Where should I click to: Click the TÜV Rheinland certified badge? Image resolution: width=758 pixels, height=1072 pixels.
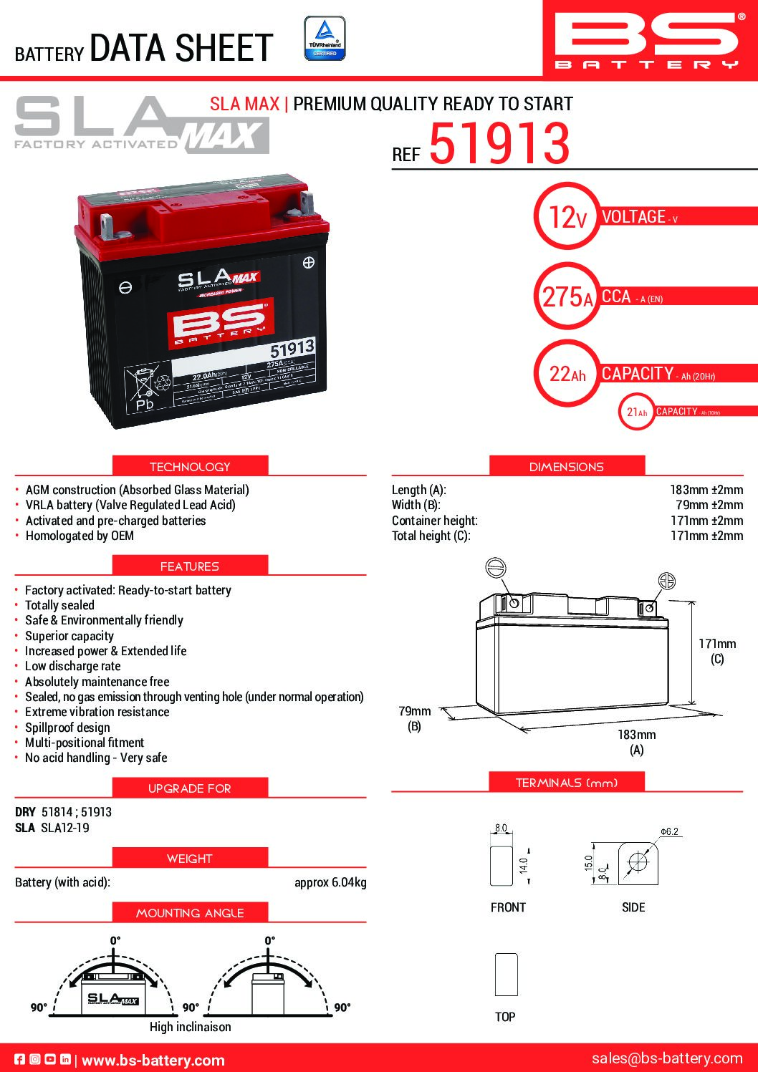click(325, 38)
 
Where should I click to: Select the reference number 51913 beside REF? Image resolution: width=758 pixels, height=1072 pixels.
click(499, 143)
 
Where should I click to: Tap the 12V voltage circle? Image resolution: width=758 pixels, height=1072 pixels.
click(566, 216)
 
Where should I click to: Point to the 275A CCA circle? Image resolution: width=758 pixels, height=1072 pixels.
click(567, 296)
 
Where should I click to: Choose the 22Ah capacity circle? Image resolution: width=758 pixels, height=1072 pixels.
click(567, 374)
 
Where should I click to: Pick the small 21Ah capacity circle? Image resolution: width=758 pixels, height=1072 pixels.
click(636, 412)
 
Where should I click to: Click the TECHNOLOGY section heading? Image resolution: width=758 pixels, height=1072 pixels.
click(190, 466)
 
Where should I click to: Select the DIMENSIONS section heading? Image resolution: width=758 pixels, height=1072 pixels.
click(566, 466)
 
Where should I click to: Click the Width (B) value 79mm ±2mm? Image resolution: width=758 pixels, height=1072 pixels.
click(709, 505)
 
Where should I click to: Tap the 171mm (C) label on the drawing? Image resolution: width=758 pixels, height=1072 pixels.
click(717, 651)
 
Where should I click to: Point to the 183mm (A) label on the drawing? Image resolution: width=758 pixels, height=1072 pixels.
click(636, 742)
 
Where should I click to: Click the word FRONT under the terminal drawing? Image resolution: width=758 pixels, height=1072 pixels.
click(508, 907)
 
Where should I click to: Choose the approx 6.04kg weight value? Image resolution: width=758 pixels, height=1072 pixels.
click(330, 882)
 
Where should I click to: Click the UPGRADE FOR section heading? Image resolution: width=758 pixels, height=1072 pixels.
click(190, 788)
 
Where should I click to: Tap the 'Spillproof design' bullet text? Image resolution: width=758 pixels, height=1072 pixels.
click(67, 727)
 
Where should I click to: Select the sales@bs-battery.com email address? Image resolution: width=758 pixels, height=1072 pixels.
click(667, 1058)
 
